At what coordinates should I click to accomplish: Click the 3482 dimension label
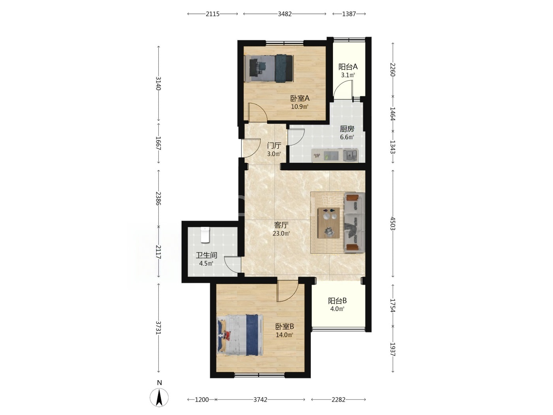click(285, 14)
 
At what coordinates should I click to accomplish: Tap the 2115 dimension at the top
click(213, 14)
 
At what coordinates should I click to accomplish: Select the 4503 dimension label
click(393, 223)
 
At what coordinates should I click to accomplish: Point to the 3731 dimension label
click(158, 328)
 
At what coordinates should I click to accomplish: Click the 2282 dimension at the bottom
click(339, 400)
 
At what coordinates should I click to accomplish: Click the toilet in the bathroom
click(205, 235)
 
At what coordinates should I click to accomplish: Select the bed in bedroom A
click(269, 68)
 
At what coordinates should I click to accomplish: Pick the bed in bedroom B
click(240, 335)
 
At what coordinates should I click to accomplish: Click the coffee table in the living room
click(329, 223)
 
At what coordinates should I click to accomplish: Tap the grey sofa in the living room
click(354, 223)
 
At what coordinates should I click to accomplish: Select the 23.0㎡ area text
click(281, 233)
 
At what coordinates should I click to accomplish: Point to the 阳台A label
click(348, 67)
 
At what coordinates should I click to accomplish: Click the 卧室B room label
click(284, 326)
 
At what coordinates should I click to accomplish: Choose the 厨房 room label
click(347, 129)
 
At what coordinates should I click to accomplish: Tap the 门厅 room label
click(274, 145)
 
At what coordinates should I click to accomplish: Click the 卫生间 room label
click(207, 255)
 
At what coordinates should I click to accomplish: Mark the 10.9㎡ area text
click(300, 107)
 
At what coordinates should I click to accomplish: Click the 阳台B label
click(337, 301)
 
